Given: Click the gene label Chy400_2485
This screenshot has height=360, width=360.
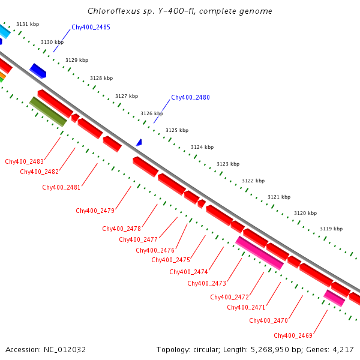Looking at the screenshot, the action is [91, 27].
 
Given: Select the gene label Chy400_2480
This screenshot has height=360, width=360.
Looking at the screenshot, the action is [190, 97].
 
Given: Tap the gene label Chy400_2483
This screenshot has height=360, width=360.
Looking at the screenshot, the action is [24, 161].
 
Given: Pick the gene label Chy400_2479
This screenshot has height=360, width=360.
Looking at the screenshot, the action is [95, 211].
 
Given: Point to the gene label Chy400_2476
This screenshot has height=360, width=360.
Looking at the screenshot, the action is [155, 250].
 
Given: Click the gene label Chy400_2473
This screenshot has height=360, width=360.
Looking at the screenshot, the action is [206, 283].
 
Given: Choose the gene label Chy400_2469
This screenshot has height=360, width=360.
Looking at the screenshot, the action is [293, 335].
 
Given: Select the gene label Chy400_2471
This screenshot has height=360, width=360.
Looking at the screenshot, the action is [246, 307].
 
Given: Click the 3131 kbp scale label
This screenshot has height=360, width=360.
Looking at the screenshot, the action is [28, 24].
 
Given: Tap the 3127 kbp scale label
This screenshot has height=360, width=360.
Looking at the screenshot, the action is [127, 96].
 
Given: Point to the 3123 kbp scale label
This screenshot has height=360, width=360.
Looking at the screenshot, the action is [228, 164].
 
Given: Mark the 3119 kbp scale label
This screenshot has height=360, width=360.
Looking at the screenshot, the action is [331, 229].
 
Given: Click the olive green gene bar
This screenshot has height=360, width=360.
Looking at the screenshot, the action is [48, 112].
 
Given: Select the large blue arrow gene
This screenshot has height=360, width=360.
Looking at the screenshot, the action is [38, 70].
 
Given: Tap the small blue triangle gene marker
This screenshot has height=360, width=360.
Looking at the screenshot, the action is [139, 143].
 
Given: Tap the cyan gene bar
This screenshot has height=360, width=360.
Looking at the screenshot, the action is [4, 30].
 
